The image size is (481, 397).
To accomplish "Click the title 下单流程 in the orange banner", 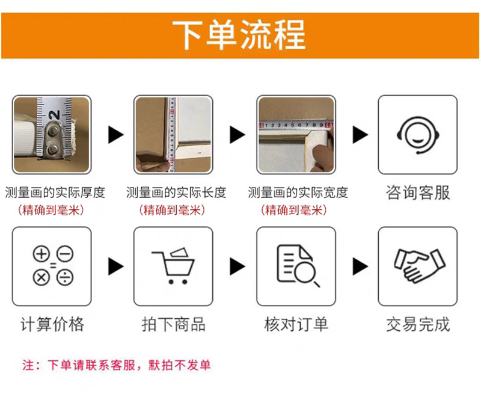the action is [x=239, y=34].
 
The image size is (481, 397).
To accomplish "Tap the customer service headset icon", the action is [x=417, y=134].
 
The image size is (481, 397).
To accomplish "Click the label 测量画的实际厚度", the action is [x=55, y=192].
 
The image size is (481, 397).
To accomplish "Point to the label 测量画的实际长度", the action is [x=176, y=192].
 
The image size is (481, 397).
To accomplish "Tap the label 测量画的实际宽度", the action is [x=298, y=192].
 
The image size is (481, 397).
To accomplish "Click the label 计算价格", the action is [x=52, y=325].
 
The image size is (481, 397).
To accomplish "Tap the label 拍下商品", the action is [x=174, y=325].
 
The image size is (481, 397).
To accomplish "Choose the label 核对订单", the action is [x=296, y=325].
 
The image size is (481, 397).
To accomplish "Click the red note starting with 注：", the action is [x=117, y=365].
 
